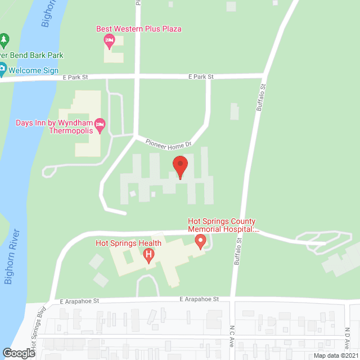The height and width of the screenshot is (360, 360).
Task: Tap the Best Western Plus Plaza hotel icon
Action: coord(110,40)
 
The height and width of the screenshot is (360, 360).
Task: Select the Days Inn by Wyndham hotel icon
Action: coord(100,125)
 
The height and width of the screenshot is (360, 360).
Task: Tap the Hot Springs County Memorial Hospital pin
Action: coord(200,242)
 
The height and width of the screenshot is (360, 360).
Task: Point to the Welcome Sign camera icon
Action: coord(2,70)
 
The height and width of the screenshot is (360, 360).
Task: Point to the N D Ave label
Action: coord(348,334)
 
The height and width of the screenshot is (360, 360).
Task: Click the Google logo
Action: coord(18,353)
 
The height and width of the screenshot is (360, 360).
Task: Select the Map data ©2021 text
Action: coord(335,355)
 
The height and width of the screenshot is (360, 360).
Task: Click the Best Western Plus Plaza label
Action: coord(139,29)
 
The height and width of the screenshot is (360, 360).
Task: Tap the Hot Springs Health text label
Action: coord(128,243)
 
